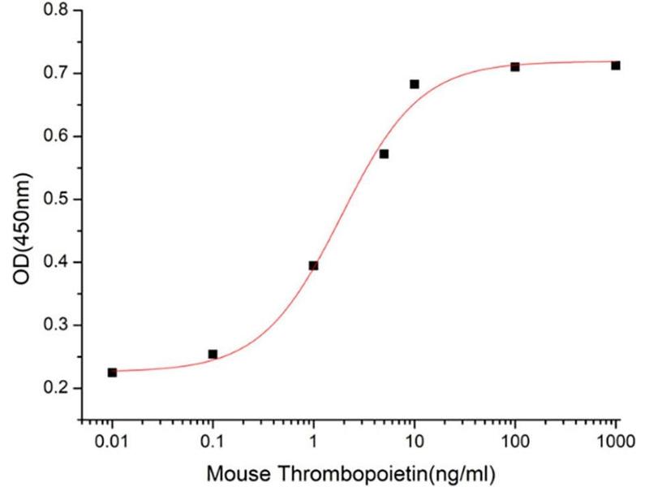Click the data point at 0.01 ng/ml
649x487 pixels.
coord(112,373)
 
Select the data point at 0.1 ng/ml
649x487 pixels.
coord(213,354)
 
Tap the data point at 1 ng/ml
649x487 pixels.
coord(313,265)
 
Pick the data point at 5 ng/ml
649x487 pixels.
coord(384,153)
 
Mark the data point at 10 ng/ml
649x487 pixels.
coord(415,84)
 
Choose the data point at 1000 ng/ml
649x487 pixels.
coord(616,65)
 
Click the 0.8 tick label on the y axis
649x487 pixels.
coord(58,11)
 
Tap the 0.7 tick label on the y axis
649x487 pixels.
coord(58,74)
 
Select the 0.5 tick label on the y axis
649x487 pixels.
coord(58,200)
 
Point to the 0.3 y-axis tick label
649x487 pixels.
coord(58,325)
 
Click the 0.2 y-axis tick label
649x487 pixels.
coord(58,388)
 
